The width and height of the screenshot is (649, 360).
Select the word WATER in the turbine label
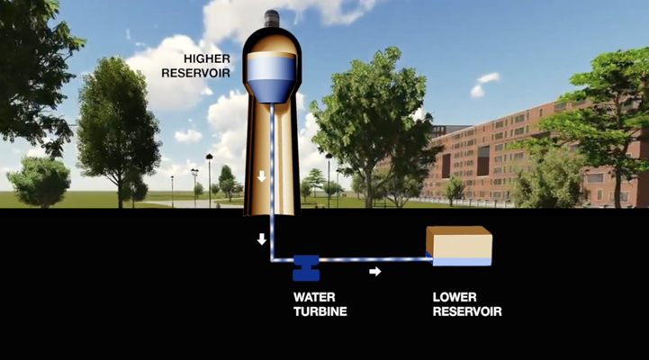pos(313,296)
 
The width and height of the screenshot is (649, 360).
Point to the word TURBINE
pos(320,311)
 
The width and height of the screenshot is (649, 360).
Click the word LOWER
pos(455,296)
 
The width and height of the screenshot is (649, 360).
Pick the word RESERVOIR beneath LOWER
pos(466,311)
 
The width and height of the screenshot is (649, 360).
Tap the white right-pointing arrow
pos(375,271)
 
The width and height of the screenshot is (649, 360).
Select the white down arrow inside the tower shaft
pos(261,176)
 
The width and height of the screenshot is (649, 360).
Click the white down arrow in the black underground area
pos(261,239)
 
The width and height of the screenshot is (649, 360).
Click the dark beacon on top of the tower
pos(271,16)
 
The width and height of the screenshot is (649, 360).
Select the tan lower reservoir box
pos(459,243)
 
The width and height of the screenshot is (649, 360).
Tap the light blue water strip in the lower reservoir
pos(462,262)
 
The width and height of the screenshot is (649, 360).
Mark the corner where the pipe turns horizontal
pos(272,259)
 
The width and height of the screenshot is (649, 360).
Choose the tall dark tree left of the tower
pos(117,130)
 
